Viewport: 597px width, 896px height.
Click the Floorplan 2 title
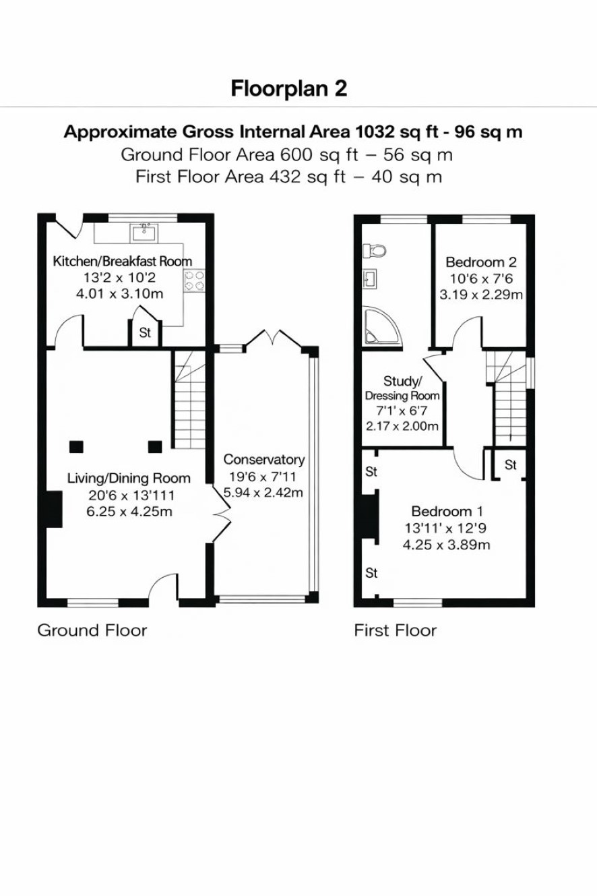pos(288,88)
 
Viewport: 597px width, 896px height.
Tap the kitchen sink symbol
pos(144,233)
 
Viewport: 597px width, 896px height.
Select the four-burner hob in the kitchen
pos(194,280)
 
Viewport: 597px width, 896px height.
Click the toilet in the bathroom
pos(374,251)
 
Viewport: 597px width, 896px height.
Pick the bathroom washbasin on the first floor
pos(370,278)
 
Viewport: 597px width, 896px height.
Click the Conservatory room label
pos(264,460)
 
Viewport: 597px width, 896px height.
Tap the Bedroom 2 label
pos(481,262)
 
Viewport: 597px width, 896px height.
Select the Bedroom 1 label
pos(447,511)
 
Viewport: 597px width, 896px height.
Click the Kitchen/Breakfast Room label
pos(123,261)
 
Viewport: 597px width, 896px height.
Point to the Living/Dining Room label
pos(129,479)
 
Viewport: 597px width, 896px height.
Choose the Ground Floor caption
pos(92,630)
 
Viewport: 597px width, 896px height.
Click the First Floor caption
pos(396,630)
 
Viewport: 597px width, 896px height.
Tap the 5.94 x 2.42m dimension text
pos(263,492)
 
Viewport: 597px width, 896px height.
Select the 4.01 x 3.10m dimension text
pos(119,294)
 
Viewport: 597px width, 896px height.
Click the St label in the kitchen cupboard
pos(145,332)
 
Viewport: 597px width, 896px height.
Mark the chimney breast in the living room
pos(55,509)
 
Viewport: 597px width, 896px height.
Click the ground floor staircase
pos(190,399)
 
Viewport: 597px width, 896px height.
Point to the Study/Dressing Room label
pos(402,388)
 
